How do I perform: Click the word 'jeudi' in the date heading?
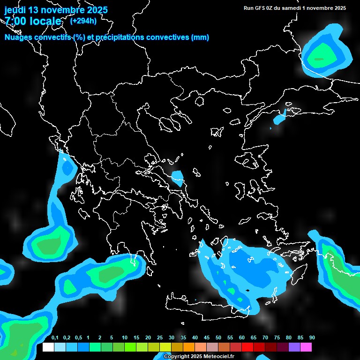[x=16, y=10]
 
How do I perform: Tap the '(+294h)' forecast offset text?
[x=83, y=21]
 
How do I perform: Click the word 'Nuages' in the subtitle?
[x=19, y=37]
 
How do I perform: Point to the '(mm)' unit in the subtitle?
[x=200, y=37]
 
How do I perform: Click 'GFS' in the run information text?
[x=259, y=8]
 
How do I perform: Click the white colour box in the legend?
[x=48, y=347]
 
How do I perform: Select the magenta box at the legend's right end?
[x=306, y=347]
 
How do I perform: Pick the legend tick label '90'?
[x=312, y=338]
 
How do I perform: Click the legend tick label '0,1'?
[x=55, y=338]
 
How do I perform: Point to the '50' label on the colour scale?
[x=218, y=338]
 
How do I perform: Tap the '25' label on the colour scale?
[x=160, y=338]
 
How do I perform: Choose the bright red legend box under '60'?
[x=247, y=347]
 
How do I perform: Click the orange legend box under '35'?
[x=189, y=347]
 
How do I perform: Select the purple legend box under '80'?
[x=294, y=347]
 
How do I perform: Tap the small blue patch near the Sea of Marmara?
[x=279, y=118]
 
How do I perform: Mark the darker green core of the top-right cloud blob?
[x=319, y=59]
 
